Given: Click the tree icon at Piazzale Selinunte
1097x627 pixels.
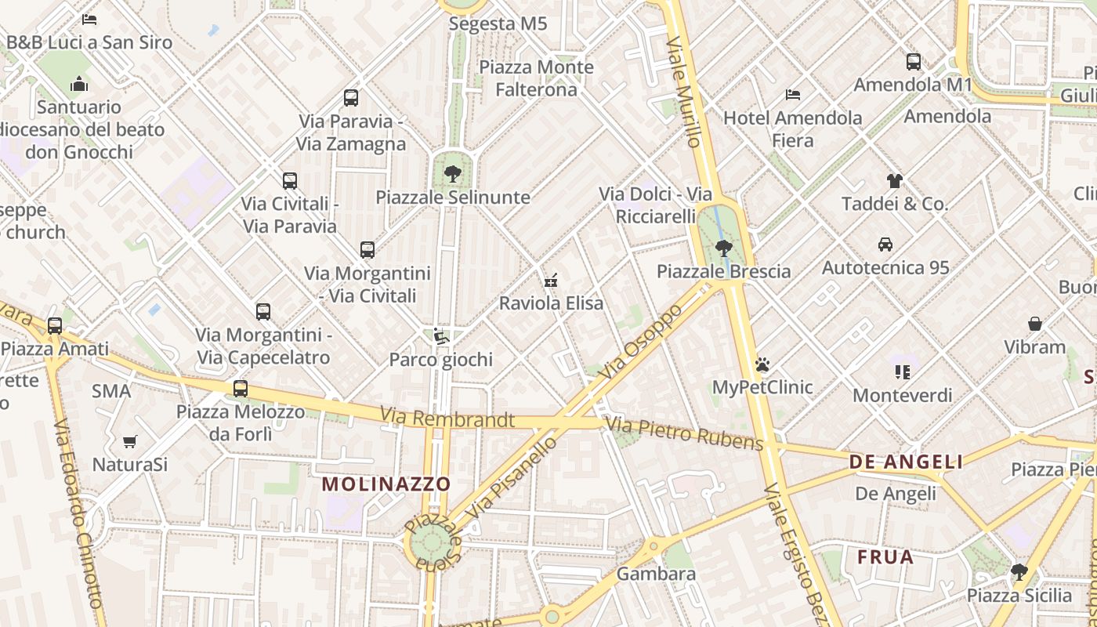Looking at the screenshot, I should click(x=452, y=174).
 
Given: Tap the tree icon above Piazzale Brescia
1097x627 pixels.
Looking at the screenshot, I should click(x=723, y=248).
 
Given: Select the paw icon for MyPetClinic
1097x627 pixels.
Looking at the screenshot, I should click(x=762, y=364).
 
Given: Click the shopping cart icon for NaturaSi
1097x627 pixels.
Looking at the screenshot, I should click(x=130, y=442).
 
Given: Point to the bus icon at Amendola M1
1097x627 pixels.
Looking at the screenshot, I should click(x=914, y=62).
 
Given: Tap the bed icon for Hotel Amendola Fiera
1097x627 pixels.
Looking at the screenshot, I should click(x=793, y=95).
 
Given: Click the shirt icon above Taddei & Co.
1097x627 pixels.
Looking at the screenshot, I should click(x=895, y=181).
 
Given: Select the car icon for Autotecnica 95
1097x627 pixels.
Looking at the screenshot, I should click(x=885, y=245).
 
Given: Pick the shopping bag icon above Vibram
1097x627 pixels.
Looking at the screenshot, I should click(x=1035, y=324).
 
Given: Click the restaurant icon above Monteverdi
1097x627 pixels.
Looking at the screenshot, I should click(x=903, y=372).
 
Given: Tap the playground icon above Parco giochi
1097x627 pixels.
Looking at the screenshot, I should click(x=441, y=337).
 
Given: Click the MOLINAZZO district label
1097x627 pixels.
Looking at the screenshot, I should click(x=386, y=484).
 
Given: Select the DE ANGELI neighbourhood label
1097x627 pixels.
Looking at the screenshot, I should click(x=907, y=462).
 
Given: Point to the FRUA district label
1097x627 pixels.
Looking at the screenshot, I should click(x=885, y=557).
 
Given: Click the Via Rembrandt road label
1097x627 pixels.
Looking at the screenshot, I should click(x=447, y=419).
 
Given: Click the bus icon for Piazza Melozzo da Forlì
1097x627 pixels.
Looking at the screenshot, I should click(x=241, y=389).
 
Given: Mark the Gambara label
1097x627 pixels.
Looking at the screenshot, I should click(x=656, y=574).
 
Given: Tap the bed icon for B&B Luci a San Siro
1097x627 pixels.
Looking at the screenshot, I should click(x=89, y=20).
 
